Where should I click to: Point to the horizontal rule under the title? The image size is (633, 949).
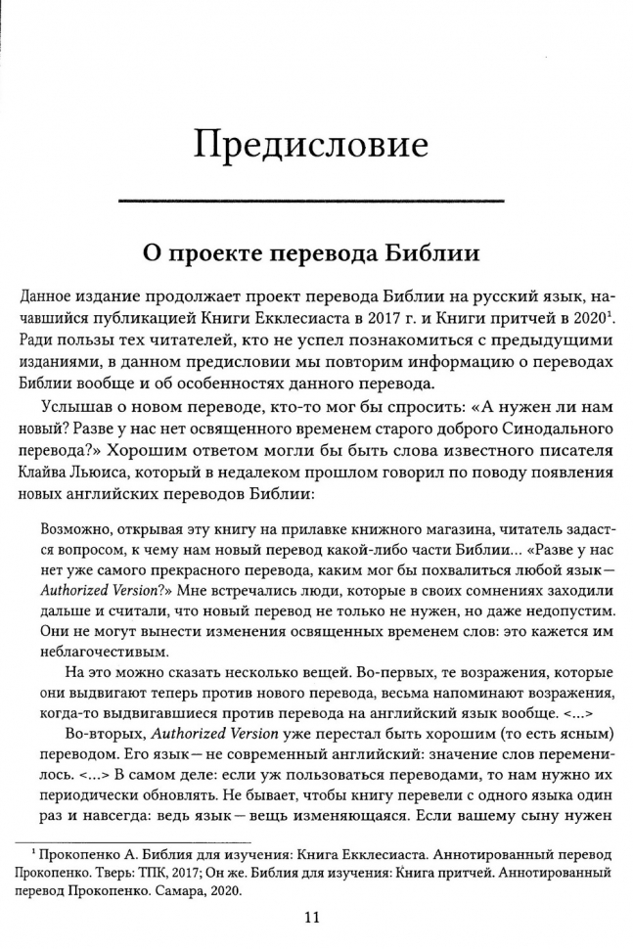tap(311, 201)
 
